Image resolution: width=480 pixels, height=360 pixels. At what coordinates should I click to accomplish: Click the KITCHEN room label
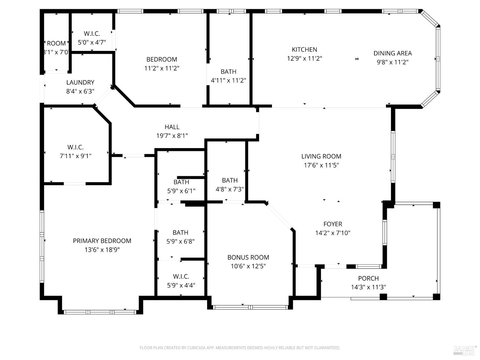304,50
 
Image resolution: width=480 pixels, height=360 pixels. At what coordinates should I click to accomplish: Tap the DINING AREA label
392,53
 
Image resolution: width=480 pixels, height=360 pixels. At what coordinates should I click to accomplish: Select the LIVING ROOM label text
321,156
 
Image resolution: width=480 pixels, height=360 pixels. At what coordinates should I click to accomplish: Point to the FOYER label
332,224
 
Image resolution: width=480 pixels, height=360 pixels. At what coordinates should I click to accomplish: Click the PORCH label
368,278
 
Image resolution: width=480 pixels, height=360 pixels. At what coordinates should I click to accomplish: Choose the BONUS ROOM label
248,257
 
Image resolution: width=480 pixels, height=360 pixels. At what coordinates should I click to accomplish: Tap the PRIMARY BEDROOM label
102,241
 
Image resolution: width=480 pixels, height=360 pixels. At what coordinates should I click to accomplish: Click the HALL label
172,127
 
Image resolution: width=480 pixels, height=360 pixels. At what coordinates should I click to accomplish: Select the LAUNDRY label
80,83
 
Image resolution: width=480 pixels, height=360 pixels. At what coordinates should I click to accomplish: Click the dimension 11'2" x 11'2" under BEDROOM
162,68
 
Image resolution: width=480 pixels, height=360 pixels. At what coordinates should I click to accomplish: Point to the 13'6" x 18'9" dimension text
102,250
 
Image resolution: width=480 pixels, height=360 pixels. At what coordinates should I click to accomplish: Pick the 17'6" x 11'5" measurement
321,165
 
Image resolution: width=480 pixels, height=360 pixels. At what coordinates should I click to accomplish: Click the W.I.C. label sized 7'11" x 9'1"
76,147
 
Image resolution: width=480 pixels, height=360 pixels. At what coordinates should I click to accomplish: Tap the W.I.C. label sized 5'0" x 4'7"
92,34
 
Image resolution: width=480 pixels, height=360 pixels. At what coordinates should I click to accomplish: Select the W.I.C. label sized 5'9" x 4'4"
181,276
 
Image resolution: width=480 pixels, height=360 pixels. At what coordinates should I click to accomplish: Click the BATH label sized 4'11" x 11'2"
228,72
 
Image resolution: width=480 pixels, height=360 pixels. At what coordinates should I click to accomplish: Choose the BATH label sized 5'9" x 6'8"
180,233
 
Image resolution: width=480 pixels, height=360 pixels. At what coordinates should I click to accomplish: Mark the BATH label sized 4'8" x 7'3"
230,180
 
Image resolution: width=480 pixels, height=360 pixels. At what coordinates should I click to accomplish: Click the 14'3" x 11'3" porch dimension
368,287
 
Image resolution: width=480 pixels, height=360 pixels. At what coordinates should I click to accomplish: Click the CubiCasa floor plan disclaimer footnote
240,348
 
